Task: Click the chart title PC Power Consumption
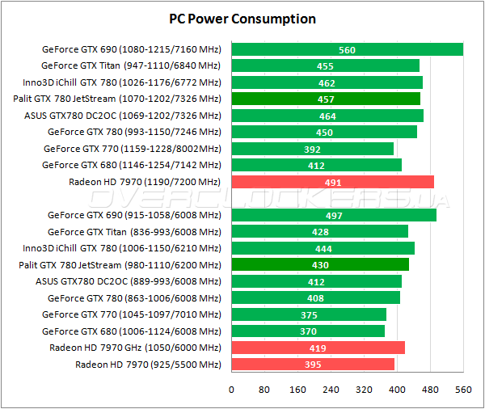(x=242, y=19)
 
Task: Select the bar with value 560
(x=347, y=49)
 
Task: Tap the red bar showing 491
(x=332, y=182)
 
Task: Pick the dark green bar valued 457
(x=325, y=99)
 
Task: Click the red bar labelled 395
(x=313, y=365)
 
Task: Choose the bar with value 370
(x=307, y=331)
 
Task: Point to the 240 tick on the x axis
(x=331, y=390)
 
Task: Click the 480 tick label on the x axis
(x=430, y=390)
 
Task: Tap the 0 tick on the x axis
(x=231, y=390)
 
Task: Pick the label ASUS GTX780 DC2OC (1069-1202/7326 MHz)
(x=123, y=116)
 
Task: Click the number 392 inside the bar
(x=312, y=149)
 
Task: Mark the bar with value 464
(x=327, y=116)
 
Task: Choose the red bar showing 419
(x=318, y=348)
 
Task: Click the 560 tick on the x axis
(x=463, y=390)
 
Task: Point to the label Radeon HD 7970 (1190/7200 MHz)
(x=145, y=182)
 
